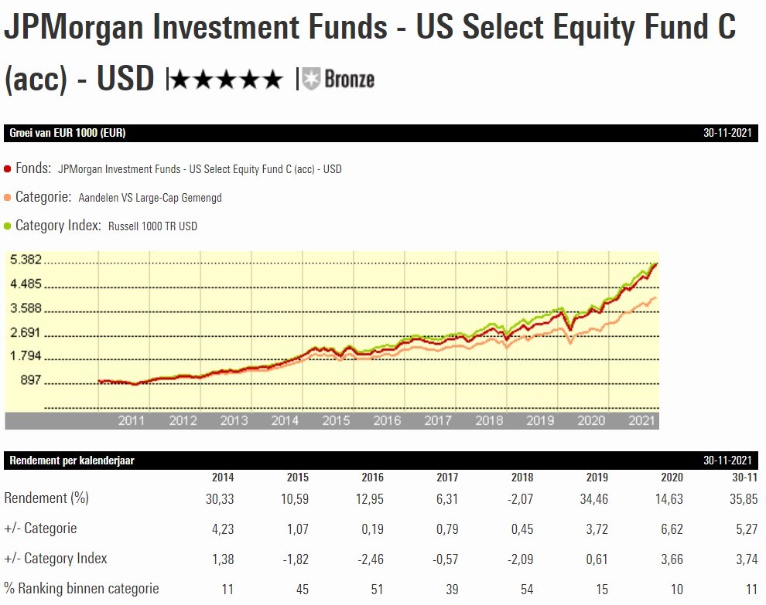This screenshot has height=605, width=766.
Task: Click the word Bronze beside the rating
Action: point(349,79)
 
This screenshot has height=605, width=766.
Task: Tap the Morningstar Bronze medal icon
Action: point(311,79)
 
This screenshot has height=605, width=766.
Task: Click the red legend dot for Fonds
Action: point(8,168)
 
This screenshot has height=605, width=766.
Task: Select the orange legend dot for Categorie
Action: point(8,198)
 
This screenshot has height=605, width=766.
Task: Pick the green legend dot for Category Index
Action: point(8,226)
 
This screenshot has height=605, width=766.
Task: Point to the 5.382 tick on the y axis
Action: point(26,260)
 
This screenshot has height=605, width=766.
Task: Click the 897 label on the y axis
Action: point(32,382)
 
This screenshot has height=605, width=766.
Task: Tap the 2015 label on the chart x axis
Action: point(336,420)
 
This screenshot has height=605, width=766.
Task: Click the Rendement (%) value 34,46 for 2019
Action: point(593,499)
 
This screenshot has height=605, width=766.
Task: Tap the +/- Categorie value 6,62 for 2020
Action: point(670,529)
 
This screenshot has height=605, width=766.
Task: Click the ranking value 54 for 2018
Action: point(526,589)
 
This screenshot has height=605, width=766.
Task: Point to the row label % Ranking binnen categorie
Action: point(81,589)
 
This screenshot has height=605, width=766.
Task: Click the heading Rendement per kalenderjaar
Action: point(72,461)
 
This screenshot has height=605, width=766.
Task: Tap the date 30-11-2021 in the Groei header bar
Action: point(727,133)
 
